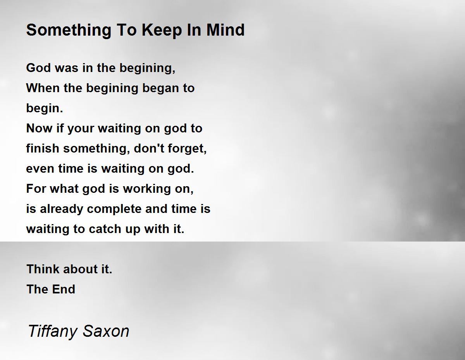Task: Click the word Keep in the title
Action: (x=162, y=30)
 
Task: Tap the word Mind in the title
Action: (x=226, y=29)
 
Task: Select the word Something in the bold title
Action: (x=69, y=30)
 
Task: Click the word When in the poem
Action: (x=42, y=88)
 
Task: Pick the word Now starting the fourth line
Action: (x=39, y=128)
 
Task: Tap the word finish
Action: (x=43, y=148)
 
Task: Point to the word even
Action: (x=40, y=169)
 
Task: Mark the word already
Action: (x=61, y=209)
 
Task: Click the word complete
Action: (x=114, y=209)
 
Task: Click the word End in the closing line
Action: (x=63, y=289)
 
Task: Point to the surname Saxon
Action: (x=106, y=331)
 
